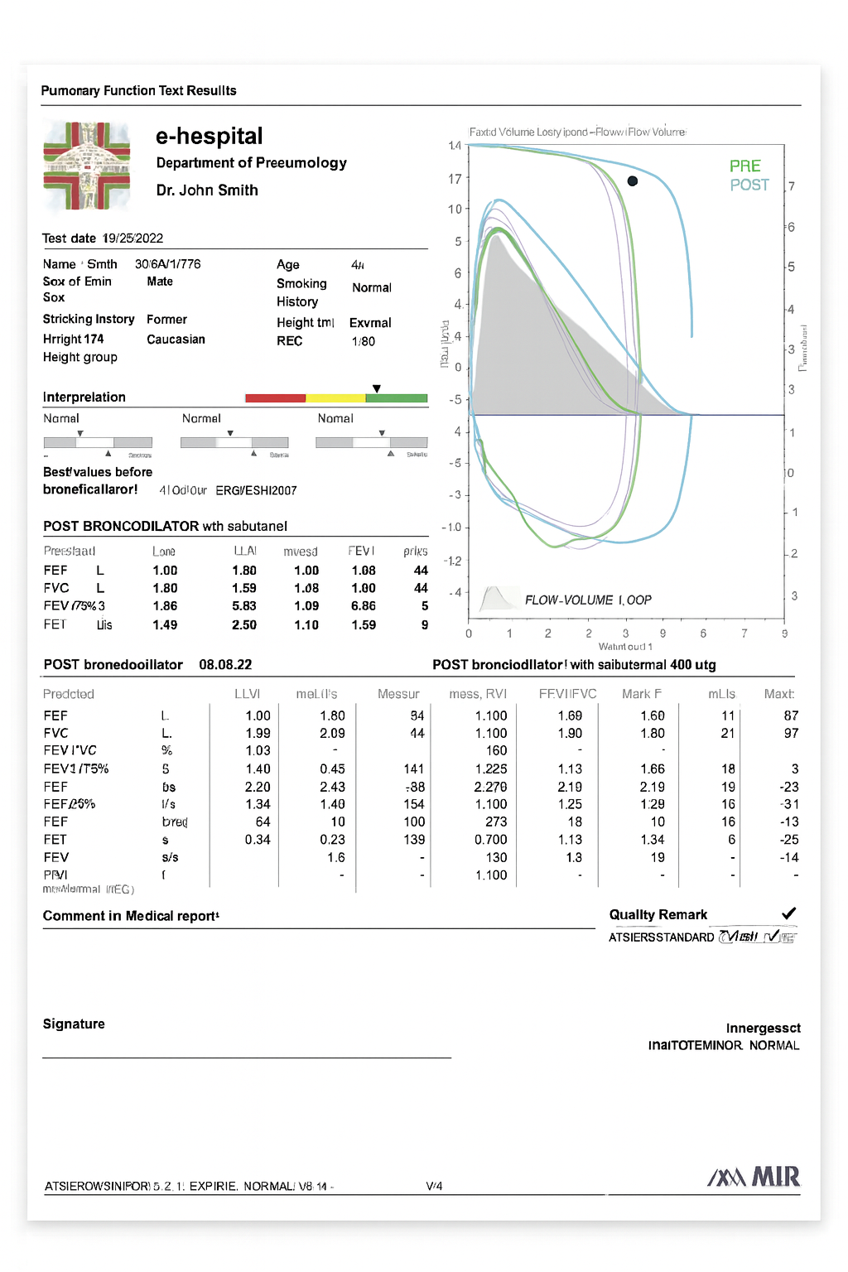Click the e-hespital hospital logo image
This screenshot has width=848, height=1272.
(x=87, y=166)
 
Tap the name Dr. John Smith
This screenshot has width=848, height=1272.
(x=207, y=190)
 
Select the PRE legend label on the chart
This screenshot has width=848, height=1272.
(x=744, y=166)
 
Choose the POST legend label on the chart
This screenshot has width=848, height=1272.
(x=749, y=185)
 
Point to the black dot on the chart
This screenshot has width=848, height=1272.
(x=633, y=181)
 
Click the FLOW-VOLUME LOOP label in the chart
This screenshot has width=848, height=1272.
(x=588, y=600)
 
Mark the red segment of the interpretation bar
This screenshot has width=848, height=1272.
(x=275, y=398)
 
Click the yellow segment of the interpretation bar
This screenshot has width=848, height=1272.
(x=335, y=398)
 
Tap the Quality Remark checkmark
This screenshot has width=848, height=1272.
(x=788, y=913)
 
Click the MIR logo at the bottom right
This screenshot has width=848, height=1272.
(x=754, y=1177)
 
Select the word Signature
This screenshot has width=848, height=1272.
(x=74, y=1024)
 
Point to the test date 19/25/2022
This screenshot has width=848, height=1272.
(x=132, y=238)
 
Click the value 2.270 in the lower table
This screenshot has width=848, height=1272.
(x=491, y=787)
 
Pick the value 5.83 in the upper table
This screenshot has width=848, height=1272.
(x=244, y=606)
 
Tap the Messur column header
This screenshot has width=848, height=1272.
(x=398, y=694)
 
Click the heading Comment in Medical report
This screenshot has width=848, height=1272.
(x=131, y=916)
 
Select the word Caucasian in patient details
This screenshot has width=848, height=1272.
(x=176, y=340)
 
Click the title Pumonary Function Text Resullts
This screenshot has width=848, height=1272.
(x=138, y=91)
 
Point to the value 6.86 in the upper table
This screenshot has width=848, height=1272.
(x=363, y=606)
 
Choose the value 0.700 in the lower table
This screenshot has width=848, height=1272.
(x=491, y=840)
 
